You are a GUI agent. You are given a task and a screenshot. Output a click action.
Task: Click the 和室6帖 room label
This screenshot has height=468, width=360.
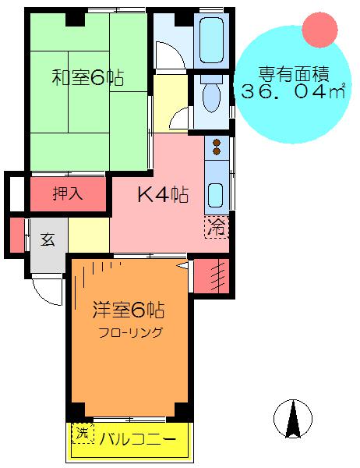pyautogui.click(x=88, y=78)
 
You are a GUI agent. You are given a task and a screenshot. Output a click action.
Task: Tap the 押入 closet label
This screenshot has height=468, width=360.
pyautogui.click(x=68, y=193)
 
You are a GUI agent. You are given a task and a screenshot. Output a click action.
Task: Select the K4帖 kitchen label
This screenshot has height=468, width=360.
pyautogui.click(x=163, y=194)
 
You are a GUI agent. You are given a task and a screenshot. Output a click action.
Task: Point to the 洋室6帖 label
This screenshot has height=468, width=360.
pyautogui.click(x=129, y=310)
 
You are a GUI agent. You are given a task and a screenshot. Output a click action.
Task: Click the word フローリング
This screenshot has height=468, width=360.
pyautogui.click(x=131, y=332)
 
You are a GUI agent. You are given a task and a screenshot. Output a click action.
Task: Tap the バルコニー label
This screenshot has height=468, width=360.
pyautogui.click(x=137, y=439)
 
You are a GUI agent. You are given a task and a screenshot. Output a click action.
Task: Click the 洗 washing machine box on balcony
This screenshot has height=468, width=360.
pyautogui.click(x=83, y=434)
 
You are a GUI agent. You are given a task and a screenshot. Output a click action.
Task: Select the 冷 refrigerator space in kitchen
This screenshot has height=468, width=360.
pyautogui.click(x=217, y=227)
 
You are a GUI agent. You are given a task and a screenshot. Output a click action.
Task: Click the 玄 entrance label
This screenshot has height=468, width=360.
pyautogui.click(x=48, y=239)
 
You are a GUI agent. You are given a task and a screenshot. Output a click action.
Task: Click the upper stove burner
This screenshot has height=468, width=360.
pyautogui.click(x=217, y=143)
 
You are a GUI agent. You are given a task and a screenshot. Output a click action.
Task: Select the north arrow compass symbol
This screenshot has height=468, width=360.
pyautogui.click(x=293, y=419)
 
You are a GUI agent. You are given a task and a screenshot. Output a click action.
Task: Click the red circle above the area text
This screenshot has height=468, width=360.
pyautogui.click(x=319, y=30)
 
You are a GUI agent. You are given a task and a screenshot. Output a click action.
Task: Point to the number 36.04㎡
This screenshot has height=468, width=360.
pyautogui.click(x=293, y=91)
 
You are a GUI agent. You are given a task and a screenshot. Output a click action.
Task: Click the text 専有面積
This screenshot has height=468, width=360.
pyautogui.click(x=294, y=74)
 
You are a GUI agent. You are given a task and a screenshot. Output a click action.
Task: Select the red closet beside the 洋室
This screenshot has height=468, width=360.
pyautogui.click(x=211, y=276)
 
